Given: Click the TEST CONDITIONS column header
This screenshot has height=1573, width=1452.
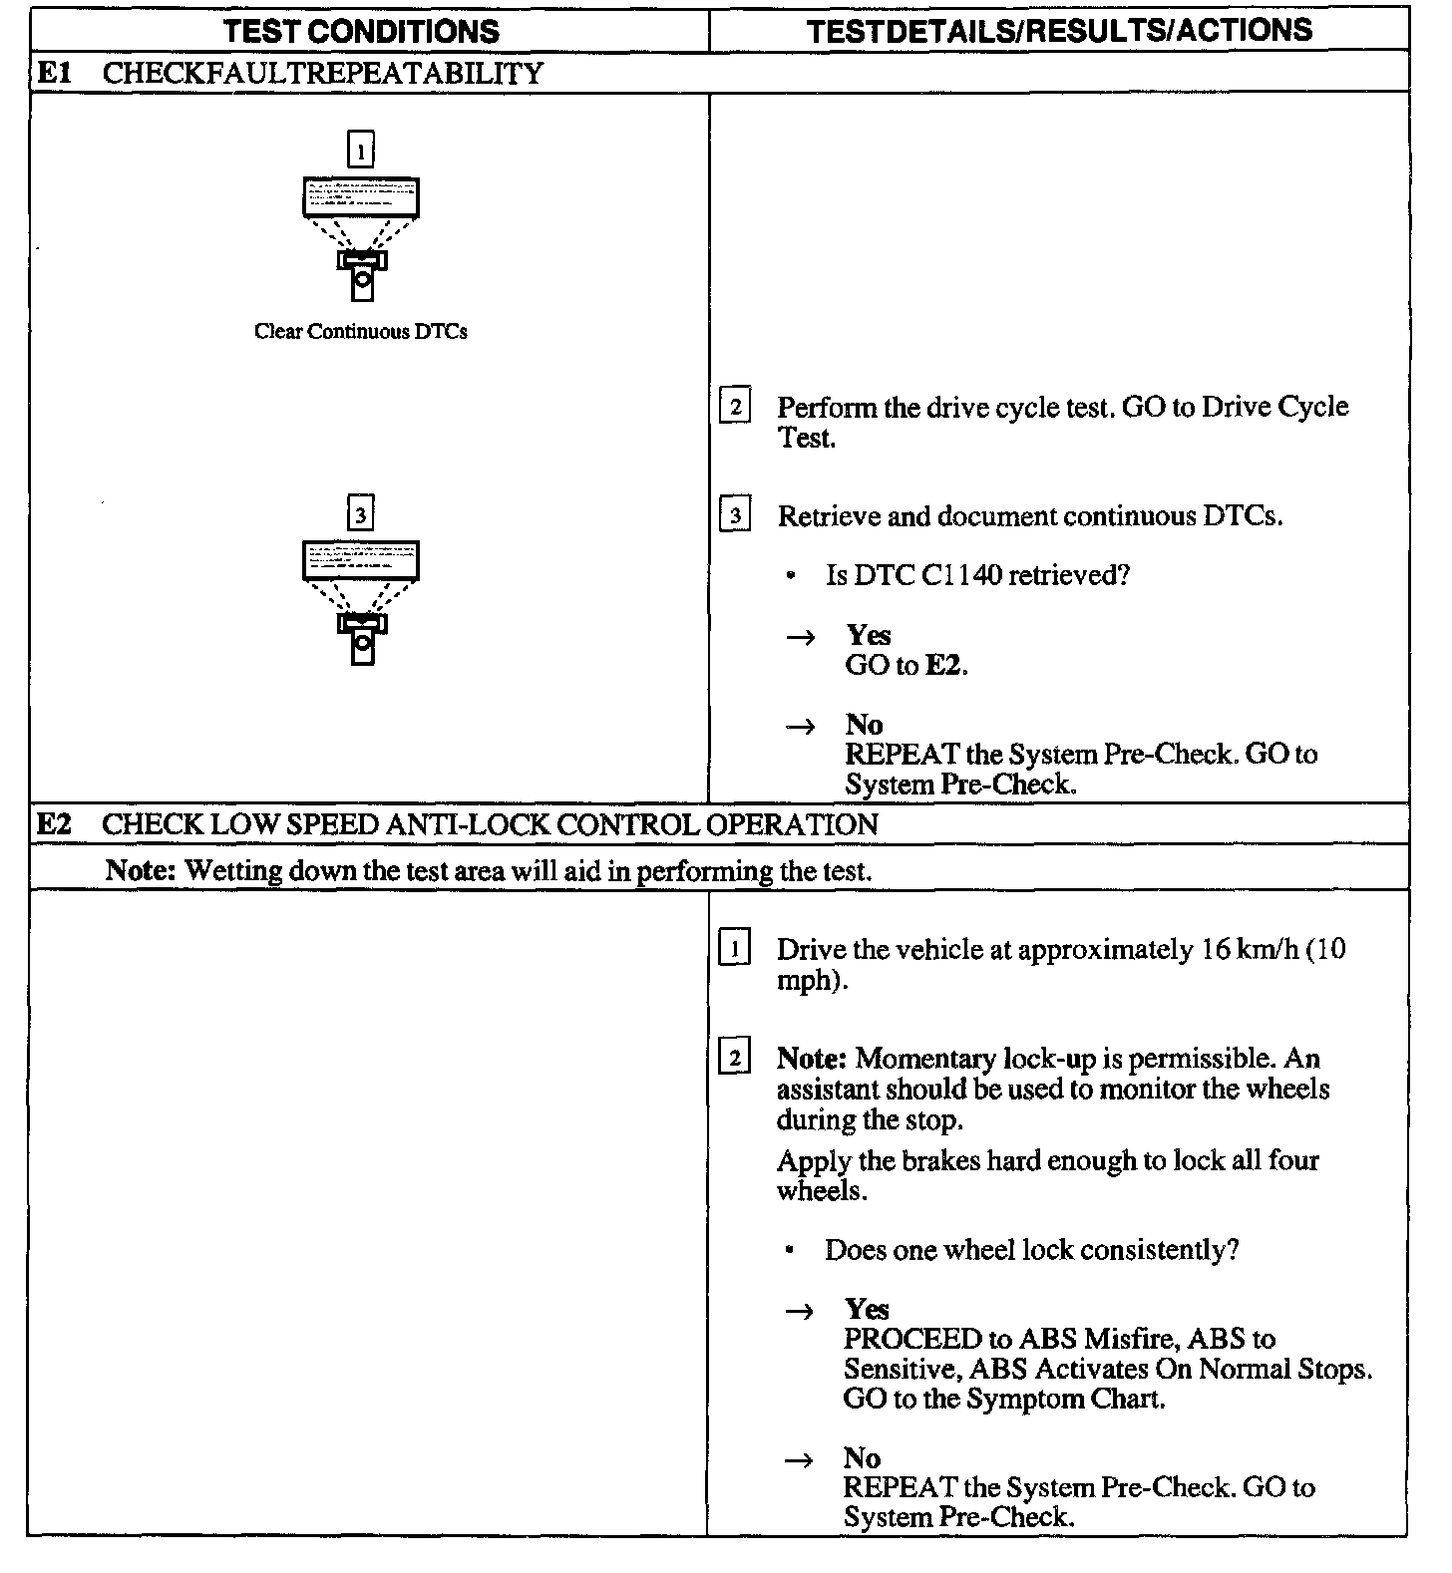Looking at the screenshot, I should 361,31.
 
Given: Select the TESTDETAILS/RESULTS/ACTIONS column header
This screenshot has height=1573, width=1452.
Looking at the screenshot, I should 1059,31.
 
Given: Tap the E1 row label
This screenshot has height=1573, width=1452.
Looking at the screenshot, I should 54,73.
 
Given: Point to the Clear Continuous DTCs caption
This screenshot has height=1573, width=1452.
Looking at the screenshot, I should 361,332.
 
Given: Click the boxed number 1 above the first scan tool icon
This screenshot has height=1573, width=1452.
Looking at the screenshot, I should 360,150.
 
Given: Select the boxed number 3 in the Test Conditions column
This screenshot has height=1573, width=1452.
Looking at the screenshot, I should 360,514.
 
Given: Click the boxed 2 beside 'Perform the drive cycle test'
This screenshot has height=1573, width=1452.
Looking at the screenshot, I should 735,407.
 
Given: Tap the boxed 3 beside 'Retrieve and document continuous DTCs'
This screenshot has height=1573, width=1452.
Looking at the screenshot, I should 735,515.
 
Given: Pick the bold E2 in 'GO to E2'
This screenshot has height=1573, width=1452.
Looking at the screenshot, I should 944,666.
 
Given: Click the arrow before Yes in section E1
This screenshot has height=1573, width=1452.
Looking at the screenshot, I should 800,637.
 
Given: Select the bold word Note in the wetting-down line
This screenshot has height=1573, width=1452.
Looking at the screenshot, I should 141,870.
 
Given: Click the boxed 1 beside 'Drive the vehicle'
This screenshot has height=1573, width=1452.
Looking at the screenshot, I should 734,949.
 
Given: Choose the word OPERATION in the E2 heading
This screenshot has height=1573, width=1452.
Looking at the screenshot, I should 792,824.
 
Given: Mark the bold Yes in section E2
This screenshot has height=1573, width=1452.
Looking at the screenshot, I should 867,1309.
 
